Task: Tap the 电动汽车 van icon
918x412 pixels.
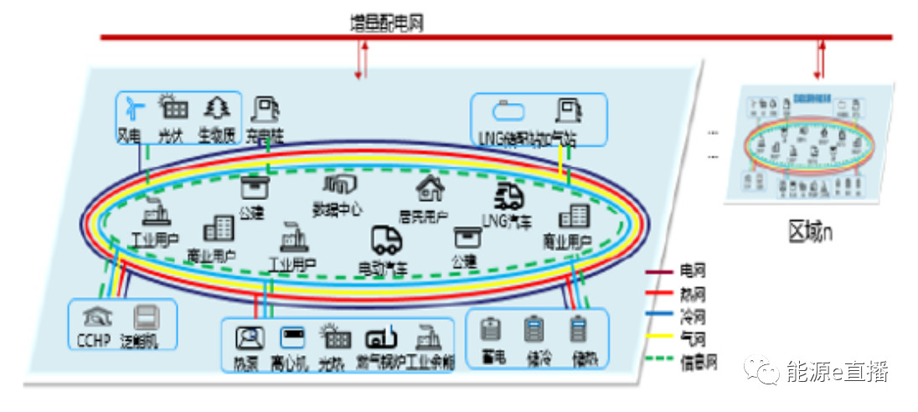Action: click(x=386, y=241)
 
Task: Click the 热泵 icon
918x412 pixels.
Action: click(x=249, y=337)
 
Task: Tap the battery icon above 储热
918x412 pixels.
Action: click(x=577, y=330)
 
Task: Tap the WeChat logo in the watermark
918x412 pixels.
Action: click(x=761, y=371)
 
